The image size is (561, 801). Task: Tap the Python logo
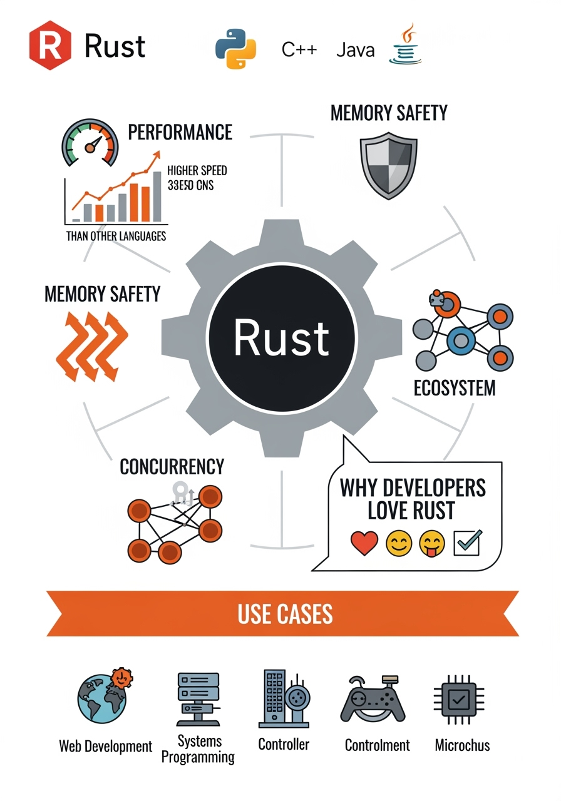(236, 49)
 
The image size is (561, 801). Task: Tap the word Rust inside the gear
(281, 337)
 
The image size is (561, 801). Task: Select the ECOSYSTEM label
(455, 388)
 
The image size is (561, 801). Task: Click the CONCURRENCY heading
(172, 467)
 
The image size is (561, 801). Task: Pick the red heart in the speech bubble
(364, 543)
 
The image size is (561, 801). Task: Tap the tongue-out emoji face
(432, 543)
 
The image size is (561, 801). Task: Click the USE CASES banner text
(285, 614)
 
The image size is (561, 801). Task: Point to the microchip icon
(461, 700)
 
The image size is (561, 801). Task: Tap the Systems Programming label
(198, 749)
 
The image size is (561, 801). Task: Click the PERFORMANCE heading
(180, 132)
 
